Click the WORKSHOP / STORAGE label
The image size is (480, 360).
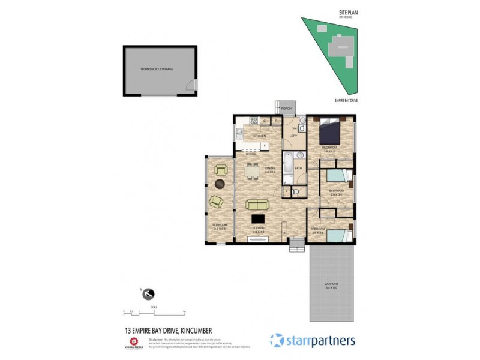click(157, 70)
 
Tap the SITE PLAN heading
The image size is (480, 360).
click(348, 11)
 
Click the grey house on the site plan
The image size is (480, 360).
click(343, 47)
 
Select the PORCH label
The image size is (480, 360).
click(286, 109)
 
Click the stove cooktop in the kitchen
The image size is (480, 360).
click(254, 121)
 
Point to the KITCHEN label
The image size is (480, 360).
click(259, 136)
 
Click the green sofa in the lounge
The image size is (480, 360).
click(257, 204)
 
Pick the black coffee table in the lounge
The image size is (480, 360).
click(258, 220)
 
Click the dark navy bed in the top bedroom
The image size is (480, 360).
click(329, 130)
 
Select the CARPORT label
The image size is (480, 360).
click(331, 284)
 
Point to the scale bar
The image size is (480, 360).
click(154, 313)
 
